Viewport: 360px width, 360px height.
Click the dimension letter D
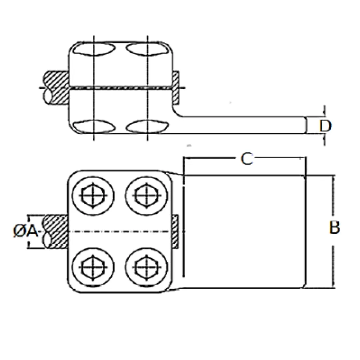tap(325, 126)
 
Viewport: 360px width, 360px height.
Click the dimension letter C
tap(247, 159)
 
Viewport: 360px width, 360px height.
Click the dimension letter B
tap(334, 228)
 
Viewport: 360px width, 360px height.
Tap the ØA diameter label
tap(26, 231)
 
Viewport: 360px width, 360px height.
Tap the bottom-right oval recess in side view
tap(147, 126)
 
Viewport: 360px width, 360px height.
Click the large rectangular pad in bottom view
tap(243, 231)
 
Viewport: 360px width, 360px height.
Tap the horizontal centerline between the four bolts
tap(120, 231)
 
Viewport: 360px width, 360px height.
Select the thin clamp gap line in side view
tap(120, 88)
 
